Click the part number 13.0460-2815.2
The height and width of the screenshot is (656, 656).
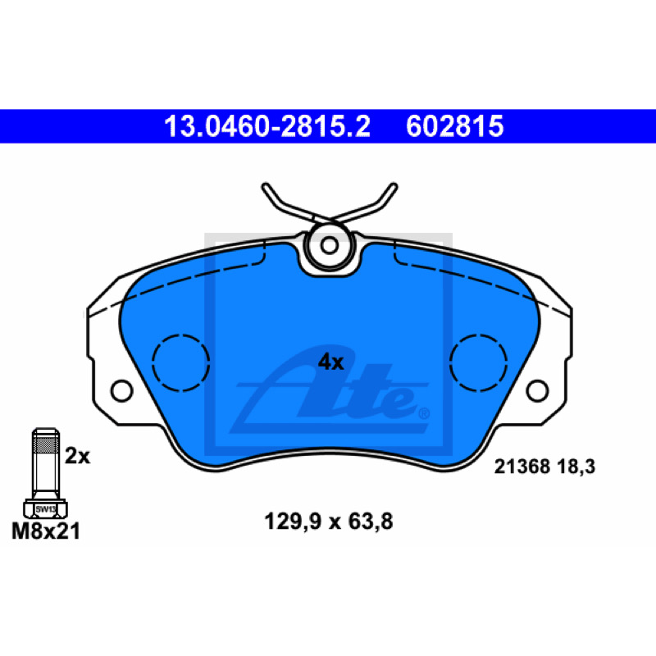(267, 126)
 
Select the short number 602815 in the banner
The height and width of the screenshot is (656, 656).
(455, 126)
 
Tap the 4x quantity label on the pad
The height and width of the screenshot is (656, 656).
(330, 362)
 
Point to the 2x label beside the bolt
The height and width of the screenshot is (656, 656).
(77, 456)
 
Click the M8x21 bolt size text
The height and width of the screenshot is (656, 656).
(46, 531)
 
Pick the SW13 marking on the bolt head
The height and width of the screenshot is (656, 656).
(45, 509)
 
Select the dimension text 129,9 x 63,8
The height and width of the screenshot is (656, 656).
(329, 522)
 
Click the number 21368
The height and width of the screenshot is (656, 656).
(522, 467)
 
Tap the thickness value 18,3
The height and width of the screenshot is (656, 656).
(576, 467)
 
